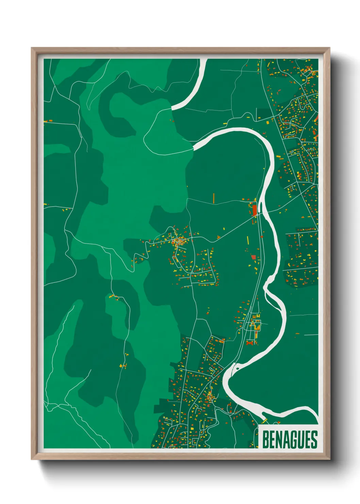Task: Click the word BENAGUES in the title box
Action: pyautogui.click(x=290, y=440)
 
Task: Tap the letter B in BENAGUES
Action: pyautogui.click(x=266, y=440)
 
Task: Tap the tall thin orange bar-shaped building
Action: pyautogui.click(x=214, y=198)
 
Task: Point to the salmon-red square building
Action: pyautogui.click(x=253, y=257)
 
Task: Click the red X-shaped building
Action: pyautogui.click(x=251, y=343)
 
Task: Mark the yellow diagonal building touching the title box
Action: pyautogui.click(x=264, y=421)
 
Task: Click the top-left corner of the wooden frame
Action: pyautogui.click(x=32, y=48)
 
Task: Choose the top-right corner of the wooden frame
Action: pyautogui.click(x=329, y=48)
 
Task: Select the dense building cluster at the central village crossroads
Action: pyautogui.click(x=177, y=242)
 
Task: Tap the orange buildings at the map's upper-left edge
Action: pyautogui.click(x=48, y=121)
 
